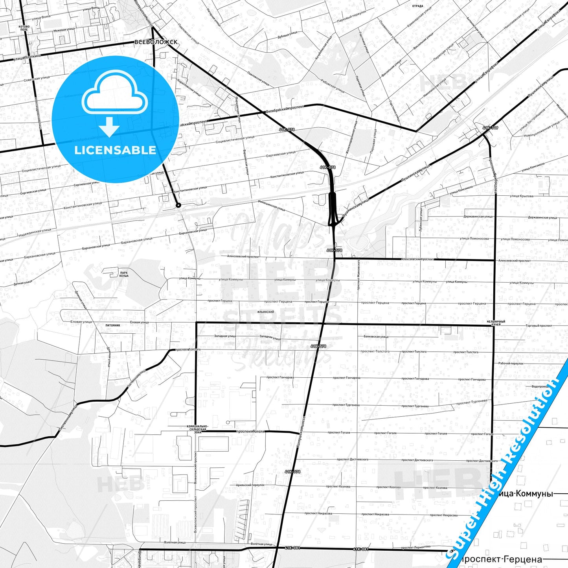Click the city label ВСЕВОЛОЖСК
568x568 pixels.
click(156, 42)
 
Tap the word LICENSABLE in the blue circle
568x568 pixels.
click(115, 150)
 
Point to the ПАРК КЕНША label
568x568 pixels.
click(124, 274)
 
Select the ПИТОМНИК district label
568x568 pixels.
click(113, 325)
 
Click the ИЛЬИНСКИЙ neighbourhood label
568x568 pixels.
click(266, 312)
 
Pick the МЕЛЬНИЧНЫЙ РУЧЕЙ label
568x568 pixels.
click(496, 323)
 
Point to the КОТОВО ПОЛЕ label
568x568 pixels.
click(24, 28)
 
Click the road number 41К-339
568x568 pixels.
click(490, 128)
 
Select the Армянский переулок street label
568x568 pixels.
click(250, 485)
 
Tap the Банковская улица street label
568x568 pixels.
click(376, 336)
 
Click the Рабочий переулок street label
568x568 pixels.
click(511, 364)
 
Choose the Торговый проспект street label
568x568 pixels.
click(539, 326)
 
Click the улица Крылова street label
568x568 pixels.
click(522, 196)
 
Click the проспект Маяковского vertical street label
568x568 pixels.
click(358, 275)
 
